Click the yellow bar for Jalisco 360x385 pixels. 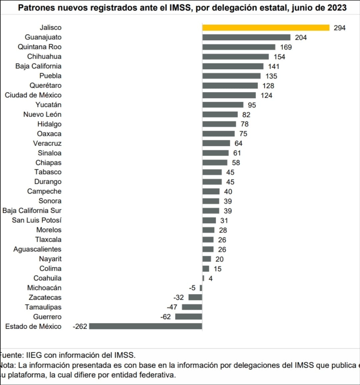pos(266,28)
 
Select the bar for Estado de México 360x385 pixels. pos(145,326)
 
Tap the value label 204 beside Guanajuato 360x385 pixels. pos(301,38)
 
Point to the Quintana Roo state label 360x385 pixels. pos(40,47)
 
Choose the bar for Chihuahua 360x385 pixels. pos(235,57)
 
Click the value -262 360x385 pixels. pos(80,326)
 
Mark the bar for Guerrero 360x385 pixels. pos(189,317)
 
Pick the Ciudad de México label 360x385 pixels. pos(33,95)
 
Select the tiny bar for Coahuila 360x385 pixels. pos(203,278)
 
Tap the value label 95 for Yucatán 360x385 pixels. pos(252,105)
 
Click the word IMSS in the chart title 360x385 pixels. pos(181,8)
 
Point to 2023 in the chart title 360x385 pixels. pos(336,8)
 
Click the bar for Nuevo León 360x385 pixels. pos(220,115)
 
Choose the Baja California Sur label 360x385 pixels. pos(32,210)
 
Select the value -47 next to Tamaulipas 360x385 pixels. pos(172,307)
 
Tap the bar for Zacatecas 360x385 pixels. pos(195,297)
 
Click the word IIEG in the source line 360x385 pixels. pos(34,355)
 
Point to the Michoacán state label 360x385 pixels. pos(44,288)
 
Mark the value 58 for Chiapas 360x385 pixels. pos(236,163)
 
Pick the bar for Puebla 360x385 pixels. pos(231,76)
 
